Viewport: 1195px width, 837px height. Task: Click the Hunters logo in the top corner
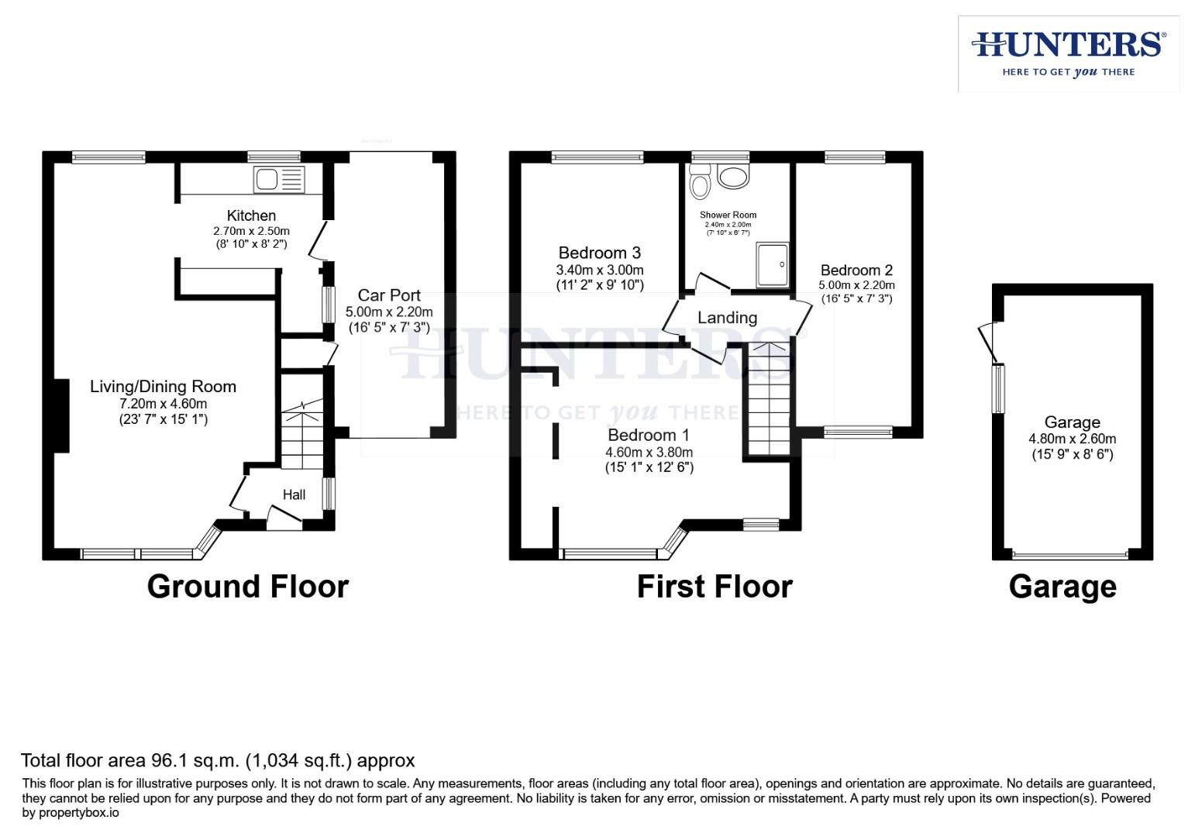(x=1068, y=53)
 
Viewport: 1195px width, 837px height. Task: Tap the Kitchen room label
(x=251, y=215)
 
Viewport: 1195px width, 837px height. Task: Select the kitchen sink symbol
(x=279, y=180)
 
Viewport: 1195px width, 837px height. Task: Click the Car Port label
(x=389, y=295)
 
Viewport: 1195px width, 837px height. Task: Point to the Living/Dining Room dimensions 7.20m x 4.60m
(x=163, y=404)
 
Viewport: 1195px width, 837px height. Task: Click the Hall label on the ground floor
(x=294, y=494)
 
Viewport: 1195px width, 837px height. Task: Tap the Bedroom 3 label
(x=599, y=253)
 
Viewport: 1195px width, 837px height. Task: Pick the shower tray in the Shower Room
(x=773, y=264)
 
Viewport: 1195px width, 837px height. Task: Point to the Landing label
(x=727, y=318)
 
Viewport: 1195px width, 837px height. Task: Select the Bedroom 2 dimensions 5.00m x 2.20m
(x=856, y=284)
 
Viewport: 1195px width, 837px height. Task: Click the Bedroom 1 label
(x=648, y=435)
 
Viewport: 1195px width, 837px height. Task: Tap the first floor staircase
(x=768, y=399)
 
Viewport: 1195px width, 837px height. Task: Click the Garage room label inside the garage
(x=1072, y=422)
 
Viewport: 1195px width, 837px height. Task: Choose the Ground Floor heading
(x=247, y=587)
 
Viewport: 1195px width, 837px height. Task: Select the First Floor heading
(x=714, y=587)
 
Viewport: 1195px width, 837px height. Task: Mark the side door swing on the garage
(x=988, y=342)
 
